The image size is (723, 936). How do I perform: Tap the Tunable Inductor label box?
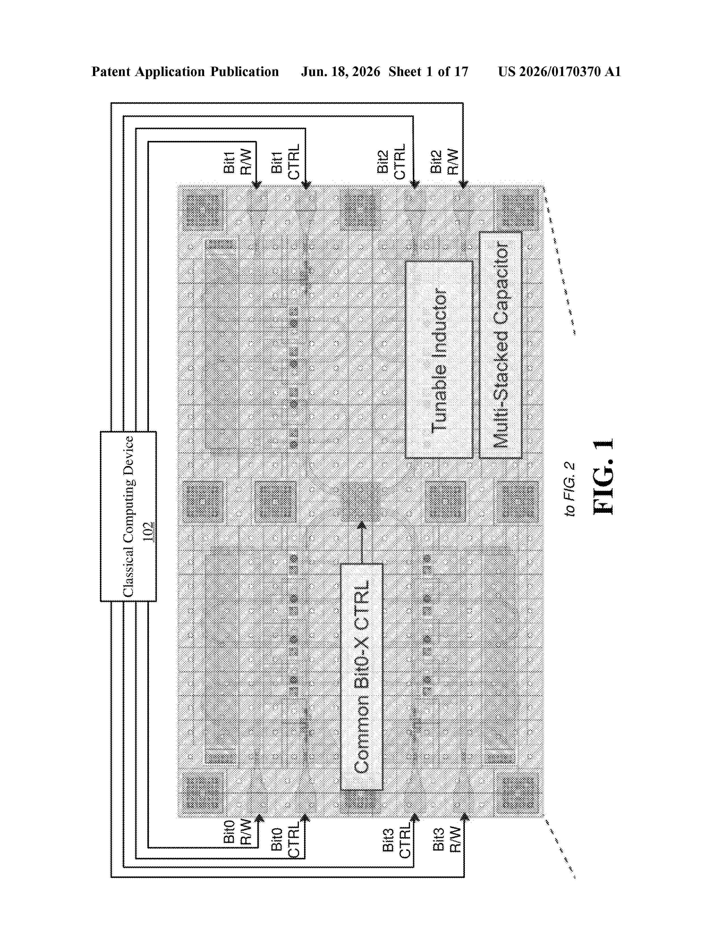[x=439, y=360]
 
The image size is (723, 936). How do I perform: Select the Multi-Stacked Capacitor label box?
[x=500, y=345]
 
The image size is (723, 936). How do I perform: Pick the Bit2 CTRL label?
[x=391, y=162]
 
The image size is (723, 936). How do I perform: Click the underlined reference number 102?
[x=148, y=532]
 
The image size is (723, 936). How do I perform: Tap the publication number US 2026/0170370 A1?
[x=559, y=71]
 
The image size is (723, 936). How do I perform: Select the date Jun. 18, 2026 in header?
[x=341, y=71]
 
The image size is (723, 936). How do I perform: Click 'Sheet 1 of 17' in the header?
[x=428, y=71]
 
